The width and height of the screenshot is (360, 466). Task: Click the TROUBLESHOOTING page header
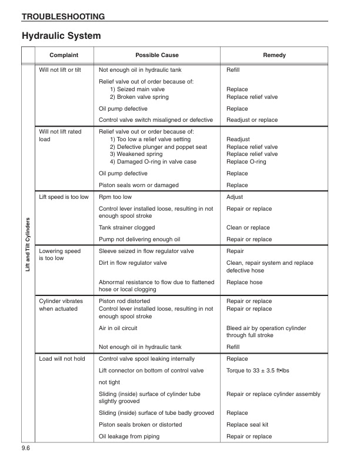[64, 16]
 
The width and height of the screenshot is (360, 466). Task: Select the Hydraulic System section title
[61, 36]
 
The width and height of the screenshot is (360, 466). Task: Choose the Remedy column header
[274, 55]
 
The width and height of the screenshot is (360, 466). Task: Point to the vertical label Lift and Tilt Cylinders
[28, 253]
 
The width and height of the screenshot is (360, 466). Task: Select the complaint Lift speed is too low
[64, 197]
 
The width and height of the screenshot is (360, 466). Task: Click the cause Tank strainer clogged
[127, 228]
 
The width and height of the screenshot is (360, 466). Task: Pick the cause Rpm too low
[115, 197]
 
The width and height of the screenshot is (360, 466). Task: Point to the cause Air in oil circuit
[122, 328]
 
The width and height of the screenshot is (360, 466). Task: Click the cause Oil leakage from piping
[129, 437]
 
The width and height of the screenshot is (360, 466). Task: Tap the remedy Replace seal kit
[248, 425]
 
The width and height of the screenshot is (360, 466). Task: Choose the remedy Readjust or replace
[252, 120]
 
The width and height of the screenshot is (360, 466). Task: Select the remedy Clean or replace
[248, 228]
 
